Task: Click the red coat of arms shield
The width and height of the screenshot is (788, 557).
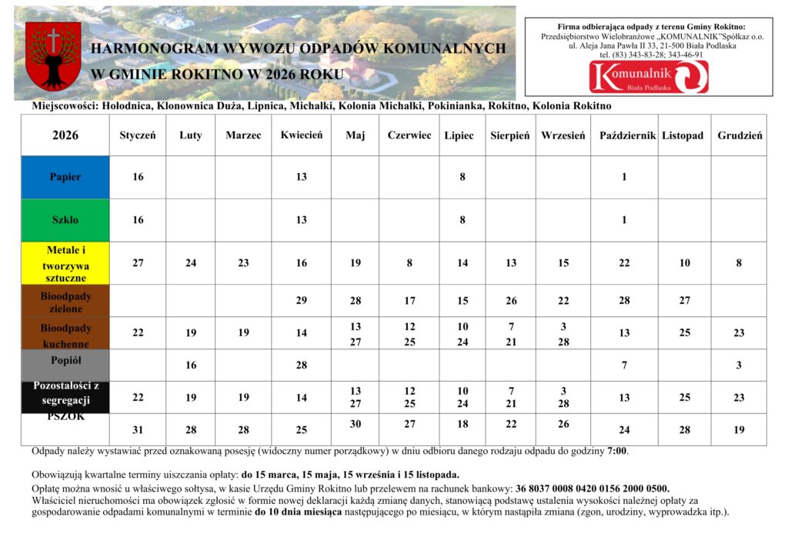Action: [53, 55]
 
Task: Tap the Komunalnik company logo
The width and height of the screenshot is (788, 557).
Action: [649, 77]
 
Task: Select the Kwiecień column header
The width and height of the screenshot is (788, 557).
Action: [302, 135]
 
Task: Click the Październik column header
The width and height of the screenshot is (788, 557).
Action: [627, 135]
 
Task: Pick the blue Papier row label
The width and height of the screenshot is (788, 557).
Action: [65, 177]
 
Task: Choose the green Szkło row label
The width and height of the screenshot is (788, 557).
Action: [65, 220]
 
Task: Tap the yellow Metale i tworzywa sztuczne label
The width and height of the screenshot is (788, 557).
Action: [65, 263]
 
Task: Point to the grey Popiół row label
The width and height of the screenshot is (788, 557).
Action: [65, 360]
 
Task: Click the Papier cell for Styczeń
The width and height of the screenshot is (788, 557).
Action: [138, 177]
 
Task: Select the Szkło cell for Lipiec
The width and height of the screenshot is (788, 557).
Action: [462, 220]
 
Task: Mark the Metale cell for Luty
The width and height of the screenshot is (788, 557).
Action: [191, 263]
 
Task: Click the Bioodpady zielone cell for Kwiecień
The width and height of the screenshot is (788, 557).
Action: [302, 301]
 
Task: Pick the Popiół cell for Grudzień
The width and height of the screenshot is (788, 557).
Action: [739, 365]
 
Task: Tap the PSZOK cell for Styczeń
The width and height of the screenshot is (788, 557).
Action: [138, 430]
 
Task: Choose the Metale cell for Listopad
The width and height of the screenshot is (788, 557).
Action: [685, 263]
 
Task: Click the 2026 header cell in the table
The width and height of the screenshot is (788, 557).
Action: [65, 135]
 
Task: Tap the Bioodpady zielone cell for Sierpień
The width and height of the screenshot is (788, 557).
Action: [511, 301]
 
